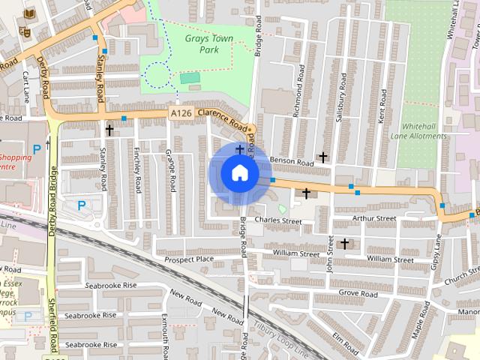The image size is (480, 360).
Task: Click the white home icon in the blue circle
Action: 239,172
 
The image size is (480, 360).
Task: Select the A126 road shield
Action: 180,113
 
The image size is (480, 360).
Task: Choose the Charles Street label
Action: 277,221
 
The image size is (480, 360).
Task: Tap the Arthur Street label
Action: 375,218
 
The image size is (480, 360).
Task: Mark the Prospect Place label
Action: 189,259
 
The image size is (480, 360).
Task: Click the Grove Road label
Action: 357,294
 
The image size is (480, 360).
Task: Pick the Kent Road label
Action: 382,106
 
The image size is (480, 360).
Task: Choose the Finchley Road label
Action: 136,168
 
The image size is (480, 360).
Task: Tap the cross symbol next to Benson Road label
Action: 322,157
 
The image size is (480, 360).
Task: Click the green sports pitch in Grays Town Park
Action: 190,78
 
